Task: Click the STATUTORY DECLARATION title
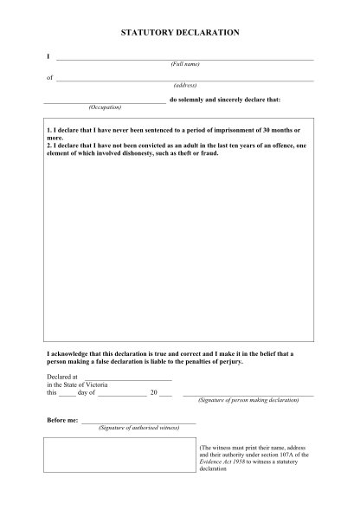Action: click(x=179, y=32)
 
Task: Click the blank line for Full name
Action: click(x=184, y=59)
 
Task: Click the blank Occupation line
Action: click(x=104, y=101)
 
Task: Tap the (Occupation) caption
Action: click(x=105, y=107)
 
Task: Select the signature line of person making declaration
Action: click(x=247, y=395)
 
